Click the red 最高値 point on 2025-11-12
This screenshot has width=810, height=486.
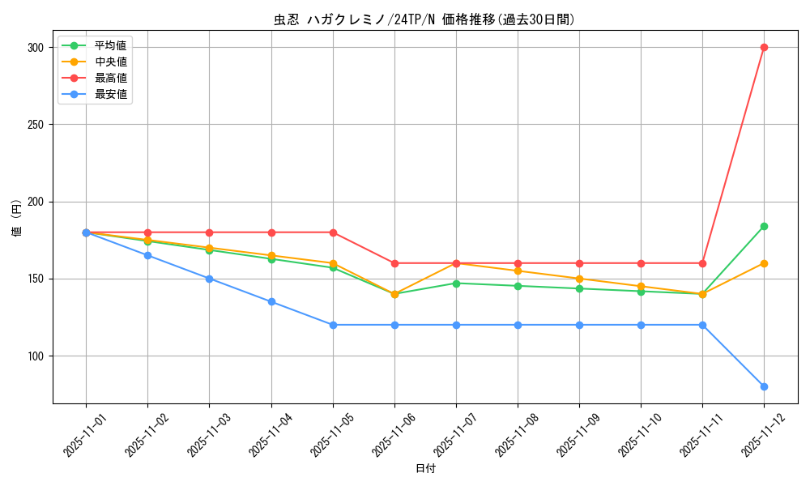764,47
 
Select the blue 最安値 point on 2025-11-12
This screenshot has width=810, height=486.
764,386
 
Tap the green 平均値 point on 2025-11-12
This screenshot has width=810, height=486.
764,226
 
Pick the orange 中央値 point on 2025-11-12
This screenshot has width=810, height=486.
764,263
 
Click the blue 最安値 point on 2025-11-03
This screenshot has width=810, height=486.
209,279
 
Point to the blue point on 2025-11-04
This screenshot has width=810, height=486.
271,301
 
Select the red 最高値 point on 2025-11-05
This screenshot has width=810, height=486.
333,232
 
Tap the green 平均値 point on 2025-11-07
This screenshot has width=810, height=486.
456,283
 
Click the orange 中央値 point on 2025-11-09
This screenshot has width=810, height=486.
579,279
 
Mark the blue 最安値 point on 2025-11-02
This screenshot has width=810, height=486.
147,255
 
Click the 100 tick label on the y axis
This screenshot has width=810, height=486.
35,356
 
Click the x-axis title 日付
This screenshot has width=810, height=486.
425,469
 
